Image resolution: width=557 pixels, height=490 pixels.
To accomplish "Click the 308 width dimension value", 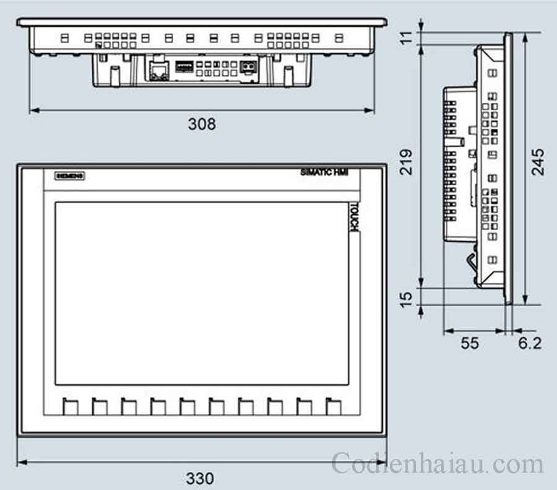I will tap(202, 124).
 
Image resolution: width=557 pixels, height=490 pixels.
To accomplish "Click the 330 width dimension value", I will tap(200, 478).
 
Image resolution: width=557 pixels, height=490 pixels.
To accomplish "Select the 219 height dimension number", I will tap(406, 161).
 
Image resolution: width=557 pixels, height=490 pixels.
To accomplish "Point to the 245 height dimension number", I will tap(538, 161).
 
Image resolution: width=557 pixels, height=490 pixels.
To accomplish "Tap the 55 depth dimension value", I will tap(470, 343).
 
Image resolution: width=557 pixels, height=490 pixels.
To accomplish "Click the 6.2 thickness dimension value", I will tap(530, 343).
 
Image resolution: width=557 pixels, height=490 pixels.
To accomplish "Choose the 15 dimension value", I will tap(406, 298).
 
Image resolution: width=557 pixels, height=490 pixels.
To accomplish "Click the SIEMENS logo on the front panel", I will tap(70, 176).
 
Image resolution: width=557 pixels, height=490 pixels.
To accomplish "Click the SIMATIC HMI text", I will tap(324, 173).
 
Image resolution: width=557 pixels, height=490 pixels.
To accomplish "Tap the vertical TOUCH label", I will tap(354, 218).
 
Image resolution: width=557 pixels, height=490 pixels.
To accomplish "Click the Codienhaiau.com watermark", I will tap(437, 463).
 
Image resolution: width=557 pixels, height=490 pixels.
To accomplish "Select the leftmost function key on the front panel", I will tap(70, 406).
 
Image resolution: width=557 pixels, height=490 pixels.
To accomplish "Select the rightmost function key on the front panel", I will tap(334, 406).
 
